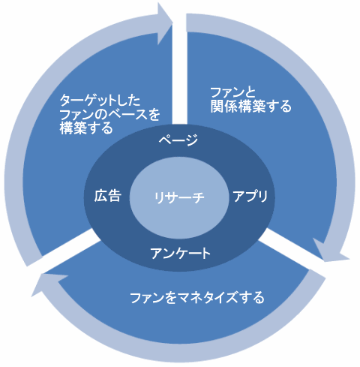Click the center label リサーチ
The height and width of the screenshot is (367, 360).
pyautogui.click(x=179, y=197)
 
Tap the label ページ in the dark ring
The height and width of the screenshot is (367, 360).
pyautogui.click(x=178, y=140)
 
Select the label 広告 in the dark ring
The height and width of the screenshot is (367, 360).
pyautogui.click(x=108, y=196)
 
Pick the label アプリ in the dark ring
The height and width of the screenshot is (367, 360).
pyautogui.click(x=250, y=196)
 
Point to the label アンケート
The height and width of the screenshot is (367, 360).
pyautogui.click(x=180, y=254)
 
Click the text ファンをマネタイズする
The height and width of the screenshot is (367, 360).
pyautogui.click(x=197, y=298)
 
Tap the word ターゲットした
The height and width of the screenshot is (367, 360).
pyautogui.click(x=100, y=101)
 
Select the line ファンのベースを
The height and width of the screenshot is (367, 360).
pyautogui.click(x=109, y=114)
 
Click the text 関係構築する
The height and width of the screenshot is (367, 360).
pyautogui.click(x=250, y=106)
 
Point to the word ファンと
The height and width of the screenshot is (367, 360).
pyautogui.click(x=232, y=92)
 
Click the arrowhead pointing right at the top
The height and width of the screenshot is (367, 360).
pyautogui.click(x=163, y=24)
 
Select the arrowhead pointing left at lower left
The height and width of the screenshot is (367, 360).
pyautogui.click(x=50, y=284)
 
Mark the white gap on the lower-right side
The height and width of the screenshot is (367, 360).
pyautogui.click(x=291, y=244)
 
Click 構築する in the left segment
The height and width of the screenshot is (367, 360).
pyautogui.click(x=86, y=128)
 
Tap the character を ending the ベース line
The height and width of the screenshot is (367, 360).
pyautogui.click(x=153, y=114)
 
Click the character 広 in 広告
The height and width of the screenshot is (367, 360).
pyautogui.click(x=100, y=196)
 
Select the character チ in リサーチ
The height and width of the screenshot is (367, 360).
pyautogui.click(x=198, y=197)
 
